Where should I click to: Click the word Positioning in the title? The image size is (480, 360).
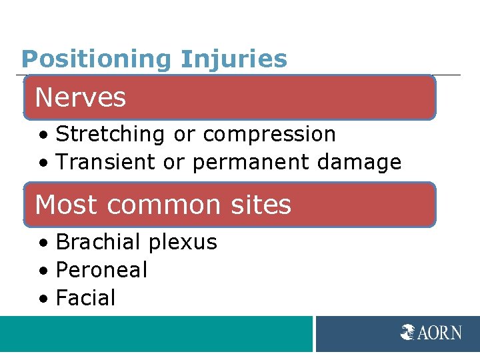pyautogui.click(x=97, y=59)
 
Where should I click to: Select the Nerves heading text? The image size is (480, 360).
pyautogui.click(x=81, y=97)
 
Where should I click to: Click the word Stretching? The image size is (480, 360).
pyautogui.click(x=110, y=134)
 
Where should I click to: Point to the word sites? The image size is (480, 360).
pyautogui.click(x=261, y=205)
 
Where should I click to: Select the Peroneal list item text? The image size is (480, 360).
pyautogui.click(x=101, y=270)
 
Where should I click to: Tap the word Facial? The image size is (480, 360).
pyautogui.click(x=86, y=297)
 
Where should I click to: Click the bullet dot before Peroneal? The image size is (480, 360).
pyautogui.click(x=43, y=271)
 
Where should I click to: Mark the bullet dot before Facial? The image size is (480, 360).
pyautogui.click(x=43, y=299)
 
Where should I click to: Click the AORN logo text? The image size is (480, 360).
pyautogui.click(x=440, y=332)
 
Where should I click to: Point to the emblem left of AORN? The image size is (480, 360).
pyautogui.click(x=408, y=332)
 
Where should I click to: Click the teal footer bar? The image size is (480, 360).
pyautogui.click(x=156, y=333)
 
